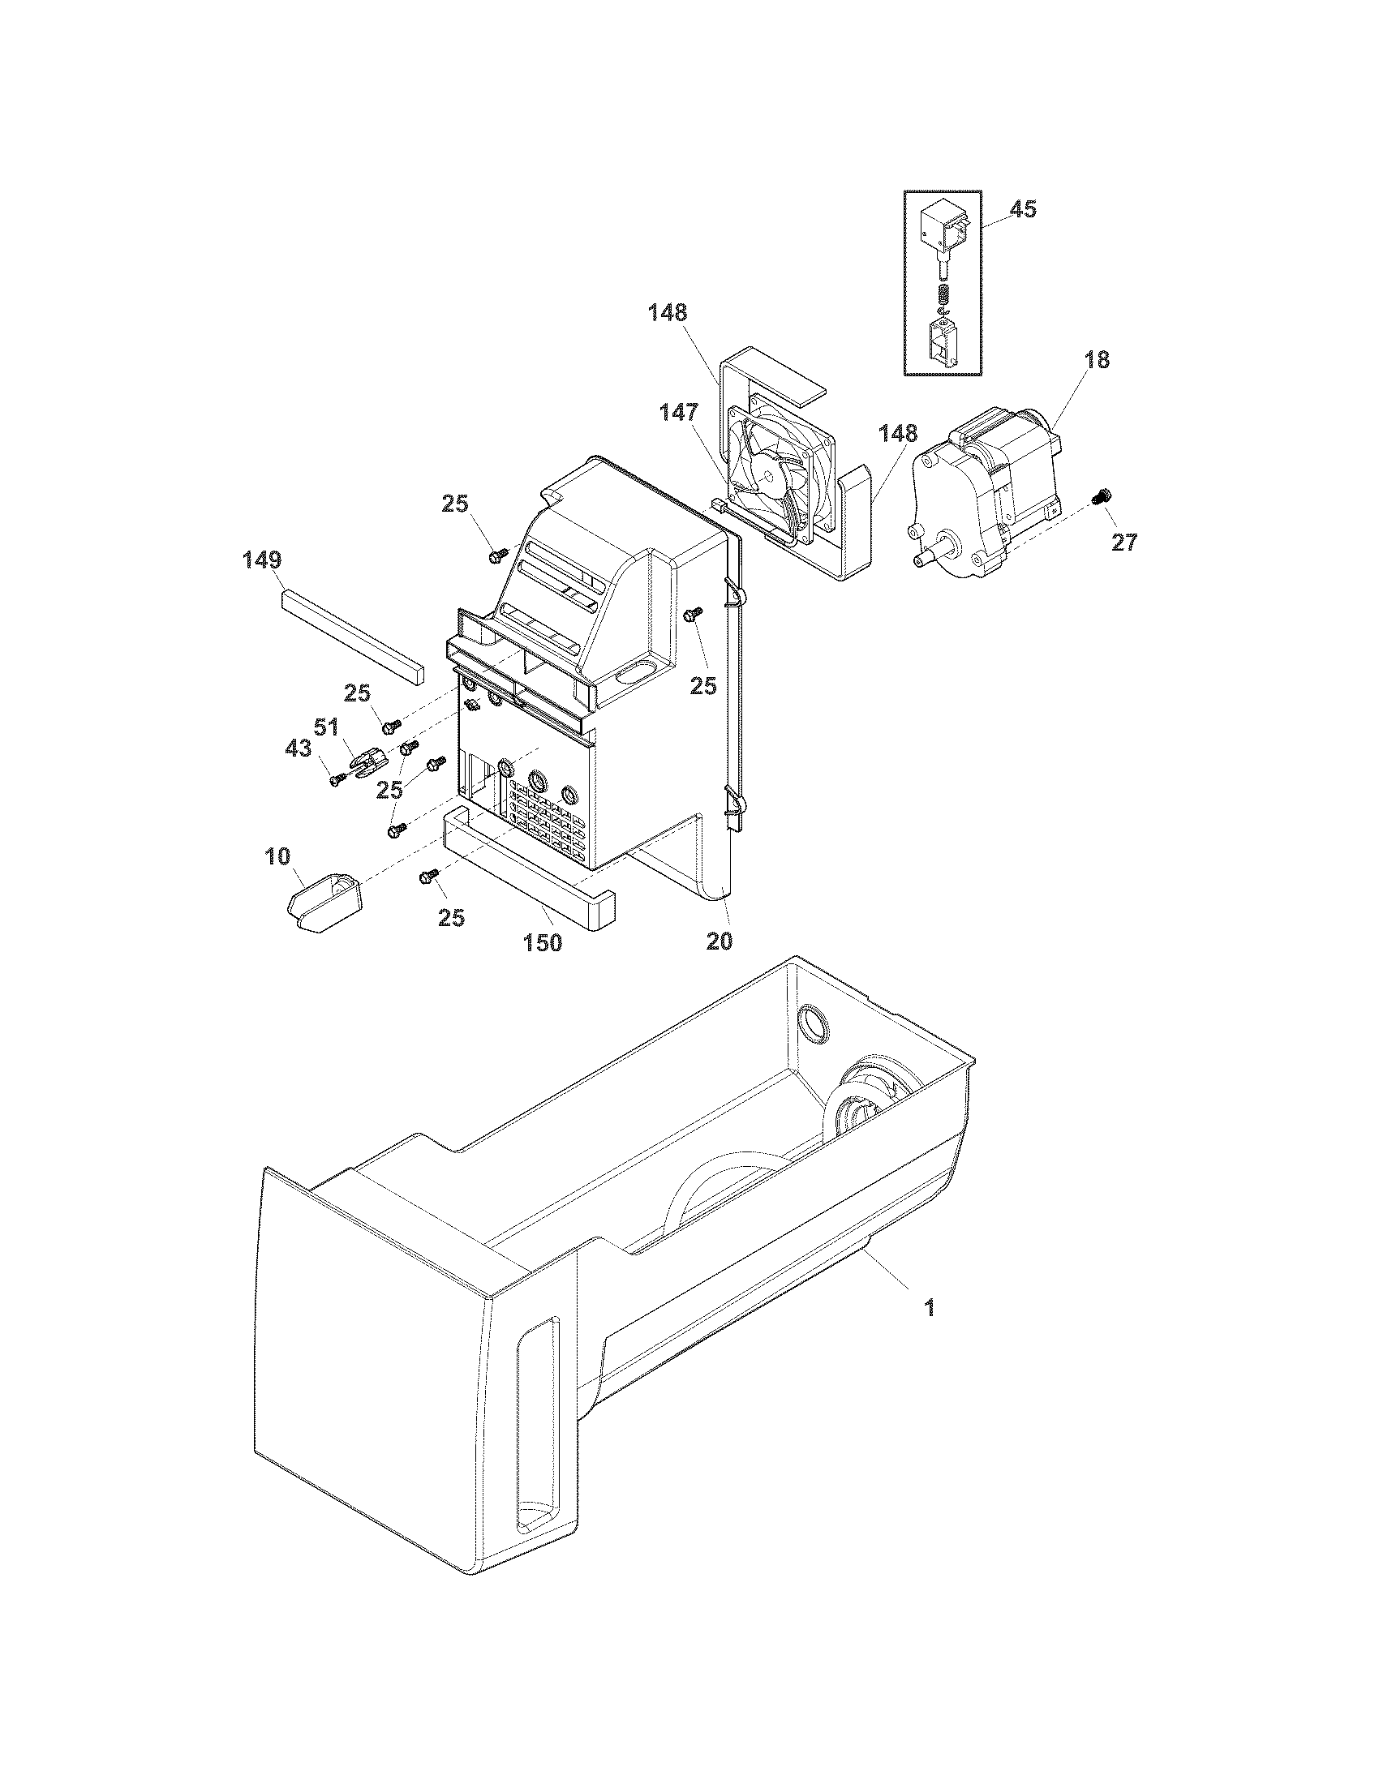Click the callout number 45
point(1023,209)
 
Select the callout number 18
point(1098,359)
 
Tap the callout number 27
point(1124,542)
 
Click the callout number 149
point(262,560)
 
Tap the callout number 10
point(277,856)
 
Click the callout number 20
point(719,941)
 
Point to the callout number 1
point(929,1308)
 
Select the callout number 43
point(298,748)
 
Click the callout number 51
point(327,727)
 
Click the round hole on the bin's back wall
point(809,1023)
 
